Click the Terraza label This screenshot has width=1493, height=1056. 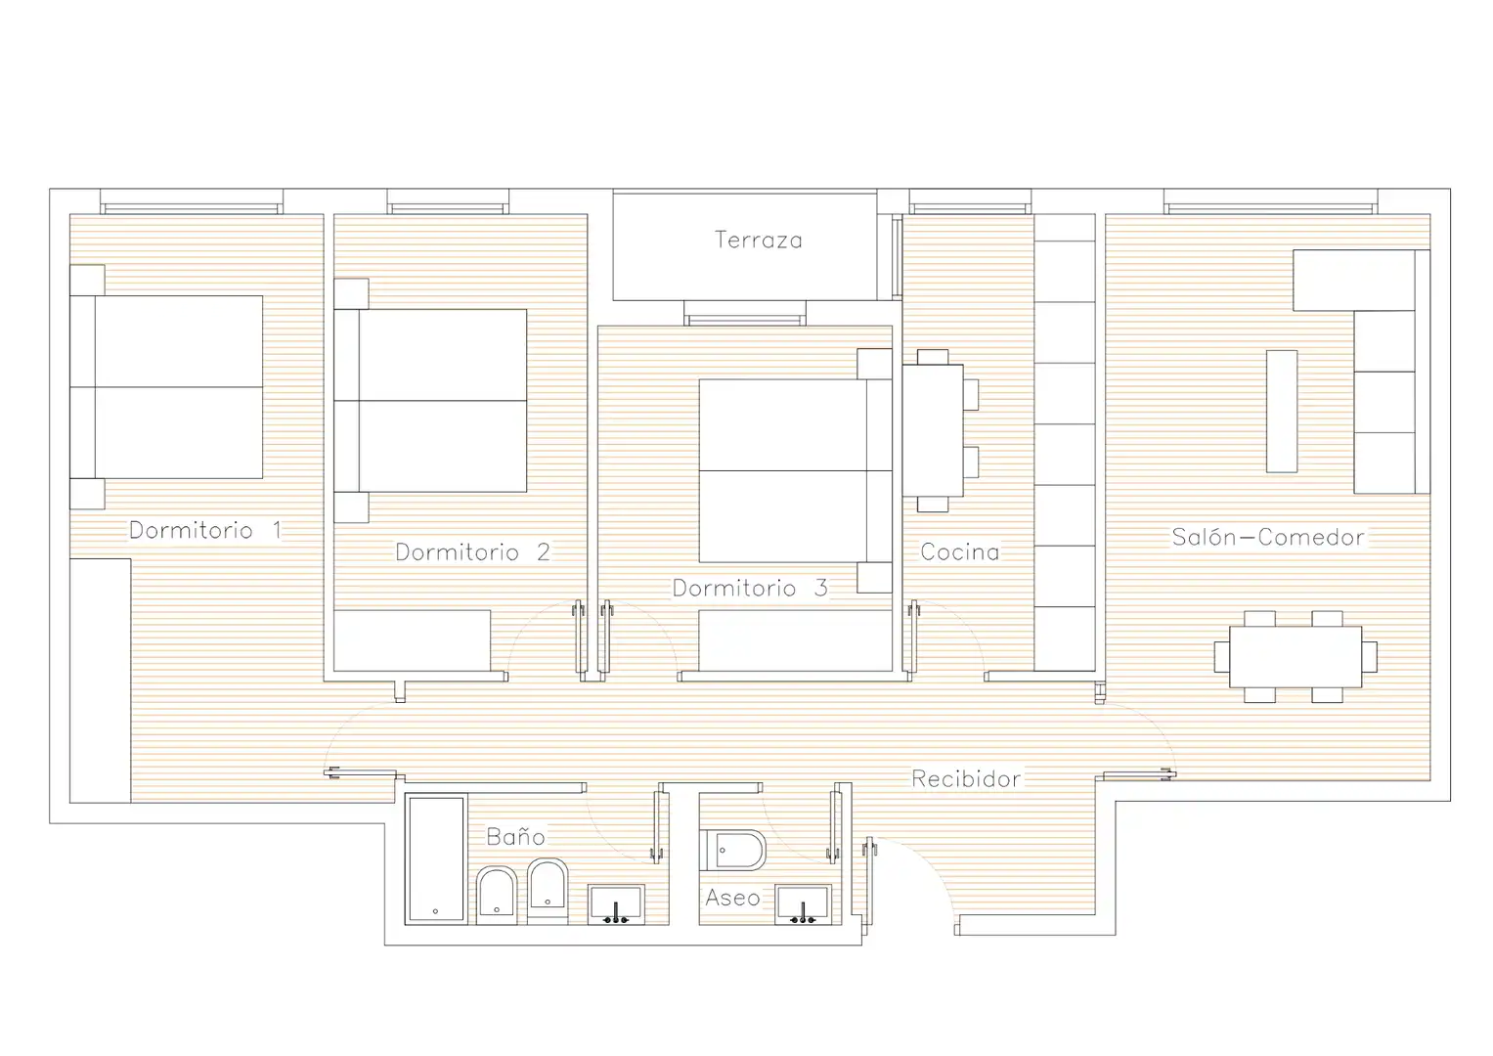[x=759, y=240]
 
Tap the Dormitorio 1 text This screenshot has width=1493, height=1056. [x=205, y=531]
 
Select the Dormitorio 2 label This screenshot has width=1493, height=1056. [x=472, y=552]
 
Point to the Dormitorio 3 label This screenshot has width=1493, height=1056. [x=750, y=588]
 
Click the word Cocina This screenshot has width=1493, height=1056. [x=960, y=552]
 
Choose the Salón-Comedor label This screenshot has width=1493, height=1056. [x=1268, y=538]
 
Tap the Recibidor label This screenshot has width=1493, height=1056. [x=966, y=778]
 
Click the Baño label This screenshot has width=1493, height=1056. [x=515, y=836]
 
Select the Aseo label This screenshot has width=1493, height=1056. [x=732, y=898]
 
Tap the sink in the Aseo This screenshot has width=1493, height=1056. [x=803, y=904]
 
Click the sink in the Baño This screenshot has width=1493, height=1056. [x=616, y=904]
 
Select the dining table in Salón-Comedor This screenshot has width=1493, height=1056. [x=1295, y=657]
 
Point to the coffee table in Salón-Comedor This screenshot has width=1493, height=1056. [x=1282, y=412]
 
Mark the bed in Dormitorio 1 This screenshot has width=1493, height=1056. [x=166, y=386]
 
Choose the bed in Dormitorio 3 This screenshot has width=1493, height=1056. [x=796, y=470]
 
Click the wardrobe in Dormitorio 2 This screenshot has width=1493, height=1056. [x=412, y=640]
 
